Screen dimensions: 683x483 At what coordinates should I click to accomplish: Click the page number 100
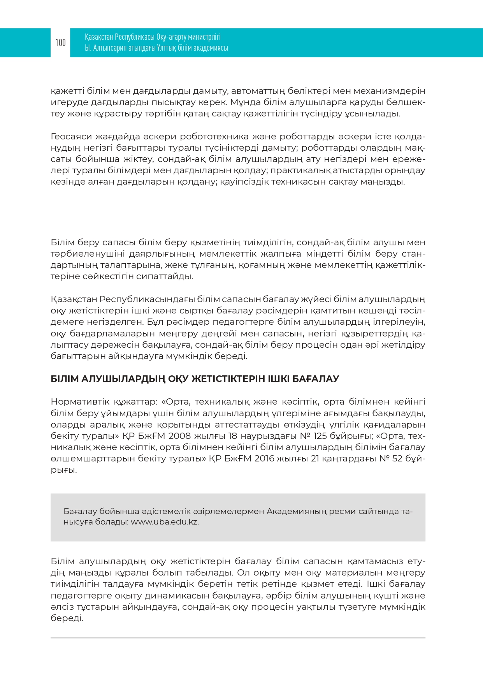click(x=60, y=42)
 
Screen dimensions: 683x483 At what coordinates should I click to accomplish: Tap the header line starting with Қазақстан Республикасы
click(x=153, y=37)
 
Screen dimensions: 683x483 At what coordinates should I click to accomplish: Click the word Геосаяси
click(x=71, y=137)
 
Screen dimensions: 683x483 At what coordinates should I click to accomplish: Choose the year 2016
click(x=265, y=458)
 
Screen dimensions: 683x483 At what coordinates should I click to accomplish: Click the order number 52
click(x=397, y=458)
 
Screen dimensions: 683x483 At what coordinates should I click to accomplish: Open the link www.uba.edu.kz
click(x=165, y=522)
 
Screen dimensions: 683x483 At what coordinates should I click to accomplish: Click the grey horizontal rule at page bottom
click(x=238, y=638)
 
